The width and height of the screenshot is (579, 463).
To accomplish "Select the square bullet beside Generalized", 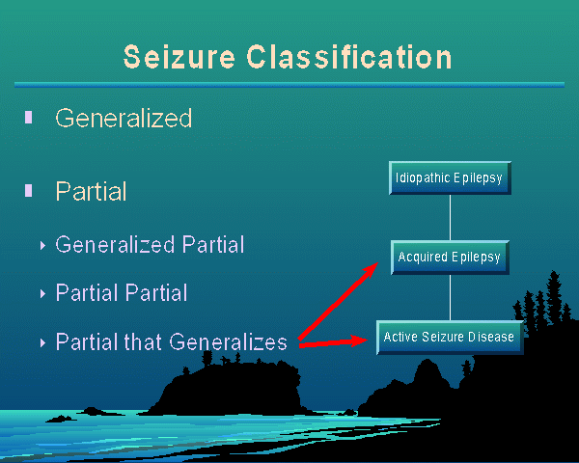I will pyautogui.click(x=29, y=117).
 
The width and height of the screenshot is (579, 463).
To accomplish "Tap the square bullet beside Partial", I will pyautogui.click(x=29, y=190).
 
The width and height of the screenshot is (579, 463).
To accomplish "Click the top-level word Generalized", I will pyautogui.click(x=124, y=118).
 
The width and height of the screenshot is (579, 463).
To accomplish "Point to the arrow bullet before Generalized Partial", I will pyautogui.click(x=42, y=245).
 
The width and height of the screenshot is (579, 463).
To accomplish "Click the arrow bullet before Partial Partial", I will pyautogui.click(x=42, y=292).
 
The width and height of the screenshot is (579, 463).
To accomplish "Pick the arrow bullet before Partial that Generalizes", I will pyautogui.click(x=42, y=342).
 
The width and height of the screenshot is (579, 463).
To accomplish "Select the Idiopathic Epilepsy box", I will pyautogui.click(x=450, y=178).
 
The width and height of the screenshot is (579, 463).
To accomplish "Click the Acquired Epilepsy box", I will pyautogui.click(x=450, y=258).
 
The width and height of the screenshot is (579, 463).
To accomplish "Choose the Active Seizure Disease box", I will pyautogui.click(x=450, y=338).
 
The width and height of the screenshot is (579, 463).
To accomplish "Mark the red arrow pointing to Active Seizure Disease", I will pyautogui.click(x=338, y=340).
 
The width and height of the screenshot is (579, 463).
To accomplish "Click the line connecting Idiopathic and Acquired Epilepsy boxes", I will pyautogui.click(x=451, y=218).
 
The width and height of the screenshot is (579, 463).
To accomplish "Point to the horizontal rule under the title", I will pyautogui.click(x=289, y=85).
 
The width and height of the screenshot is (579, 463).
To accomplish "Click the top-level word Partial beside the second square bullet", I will pyautogui.click(x=91, y=191).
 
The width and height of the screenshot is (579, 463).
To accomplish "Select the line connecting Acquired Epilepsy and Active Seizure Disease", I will pyautogui.click(x=451, y=297).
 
